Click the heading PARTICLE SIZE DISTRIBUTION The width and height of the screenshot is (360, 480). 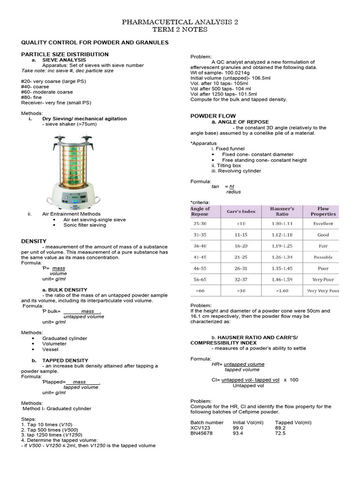[x=65, y=54]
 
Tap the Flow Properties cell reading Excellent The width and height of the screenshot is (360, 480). [x=323, y=224]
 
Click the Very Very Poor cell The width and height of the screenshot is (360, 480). [x=322, y=291]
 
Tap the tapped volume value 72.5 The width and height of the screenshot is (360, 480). [x=280, y=434]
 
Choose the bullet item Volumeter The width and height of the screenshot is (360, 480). [x=54, y=344]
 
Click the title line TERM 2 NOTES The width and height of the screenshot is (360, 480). [x=180, y=29]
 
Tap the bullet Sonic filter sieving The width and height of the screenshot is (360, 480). [x=85, y=225]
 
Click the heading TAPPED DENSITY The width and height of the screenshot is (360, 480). [x=65, y=360]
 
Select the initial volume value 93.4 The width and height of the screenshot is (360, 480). [x=239, y=434]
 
